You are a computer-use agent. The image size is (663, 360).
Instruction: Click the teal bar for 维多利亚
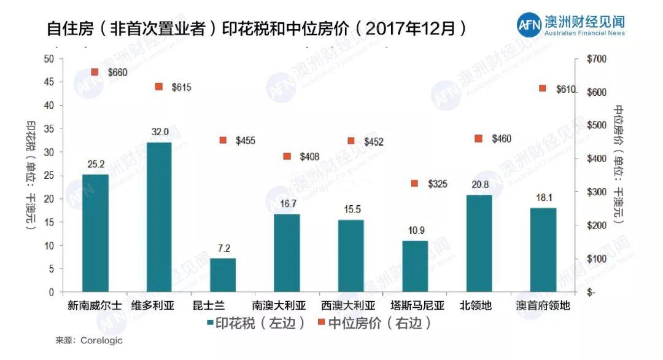159,217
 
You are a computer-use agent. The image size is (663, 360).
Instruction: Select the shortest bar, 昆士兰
223,275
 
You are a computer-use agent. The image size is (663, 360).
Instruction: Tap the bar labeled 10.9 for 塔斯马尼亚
415,266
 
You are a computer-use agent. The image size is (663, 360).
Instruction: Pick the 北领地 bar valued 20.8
479,243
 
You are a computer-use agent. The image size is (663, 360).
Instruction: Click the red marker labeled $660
95,72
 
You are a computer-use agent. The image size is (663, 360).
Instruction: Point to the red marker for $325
414,183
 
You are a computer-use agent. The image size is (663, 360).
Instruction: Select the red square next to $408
287,157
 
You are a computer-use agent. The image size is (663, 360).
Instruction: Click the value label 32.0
159,132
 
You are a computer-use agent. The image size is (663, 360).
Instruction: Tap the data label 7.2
223,248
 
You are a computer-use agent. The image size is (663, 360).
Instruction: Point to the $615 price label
181,88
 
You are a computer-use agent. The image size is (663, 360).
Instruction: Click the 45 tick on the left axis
48,82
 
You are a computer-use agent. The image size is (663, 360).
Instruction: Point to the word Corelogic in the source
101,340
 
